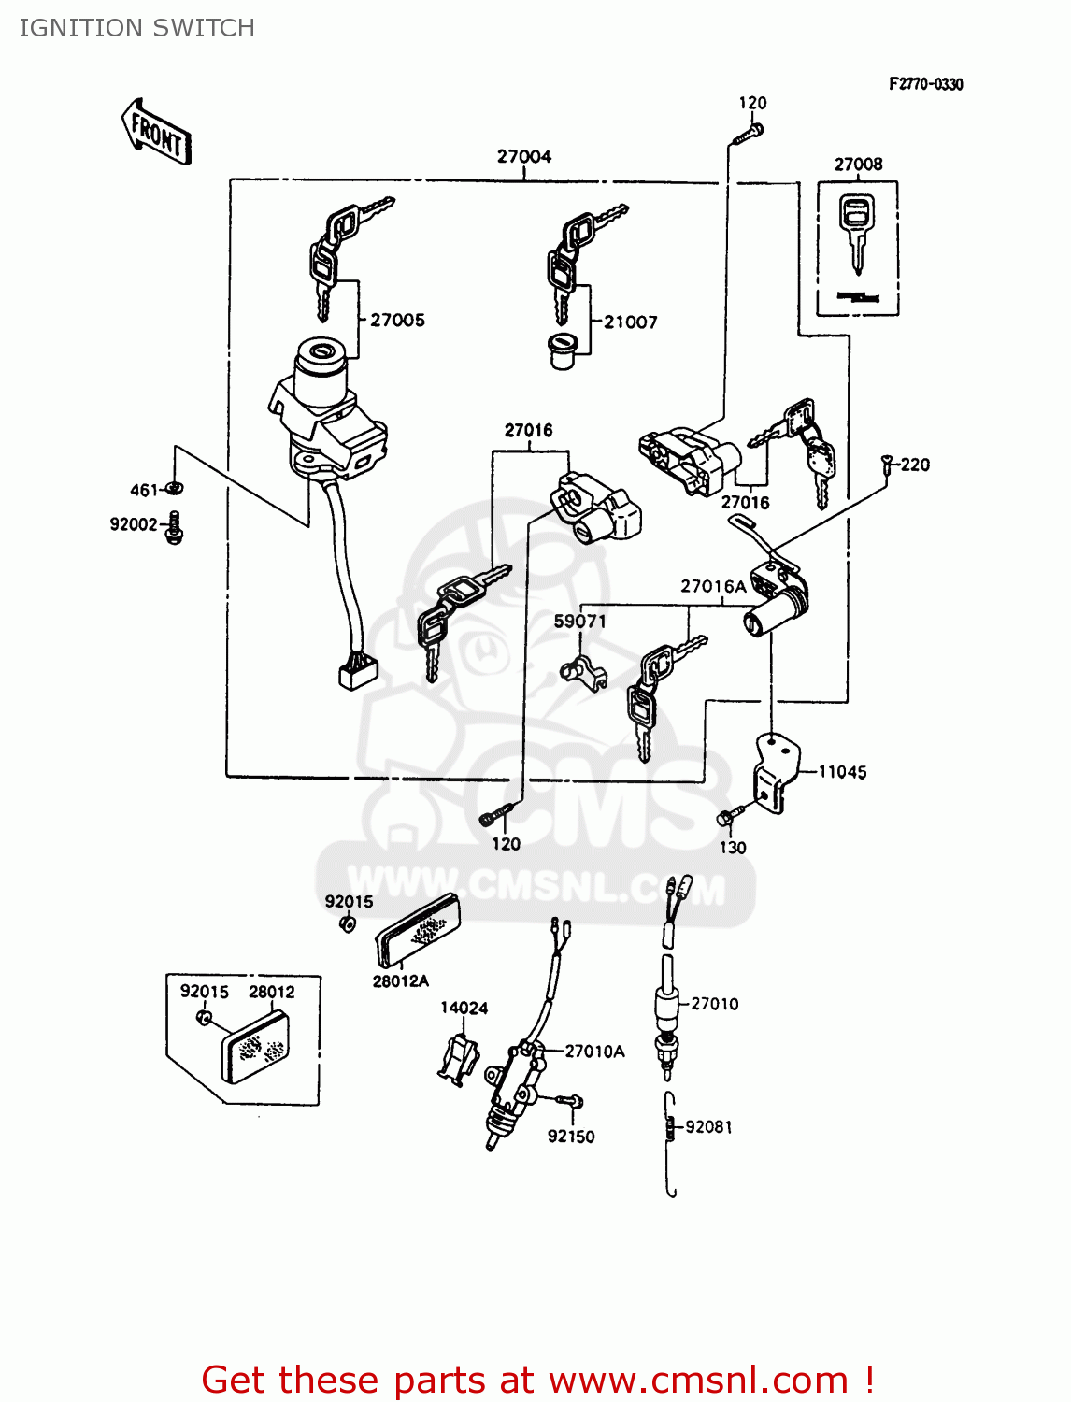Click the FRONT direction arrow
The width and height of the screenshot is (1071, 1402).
[x=156, y=133]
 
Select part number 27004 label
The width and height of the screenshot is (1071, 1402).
[x=523, y=157]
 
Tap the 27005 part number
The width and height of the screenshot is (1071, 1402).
[x=397, y=321]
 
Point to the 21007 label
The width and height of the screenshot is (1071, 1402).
[x=631, y=322]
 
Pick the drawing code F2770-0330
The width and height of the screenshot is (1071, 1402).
[x=925, y=84]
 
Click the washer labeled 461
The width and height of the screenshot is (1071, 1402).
[x=174, y=488]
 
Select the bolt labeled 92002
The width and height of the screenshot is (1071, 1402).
[x=174, y=528]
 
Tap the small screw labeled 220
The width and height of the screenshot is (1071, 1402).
[x=886, y=462]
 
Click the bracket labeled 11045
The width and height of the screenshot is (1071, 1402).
[x=776, y=771]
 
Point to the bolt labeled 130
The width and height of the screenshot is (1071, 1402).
[x=726, y=818]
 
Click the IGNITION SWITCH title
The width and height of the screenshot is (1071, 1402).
[x=137, y=28]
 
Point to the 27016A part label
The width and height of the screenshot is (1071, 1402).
[x=713, y=587]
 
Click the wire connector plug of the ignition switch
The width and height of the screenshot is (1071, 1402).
[x=358, y=672]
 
